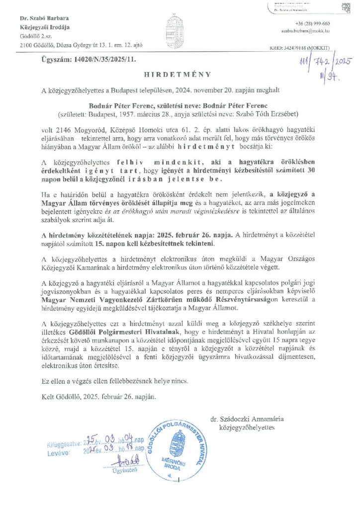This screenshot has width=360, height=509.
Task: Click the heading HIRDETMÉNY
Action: tap(178, 74)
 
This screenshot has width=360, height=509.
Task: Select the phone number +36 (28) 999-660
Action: tap(313, 24)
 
